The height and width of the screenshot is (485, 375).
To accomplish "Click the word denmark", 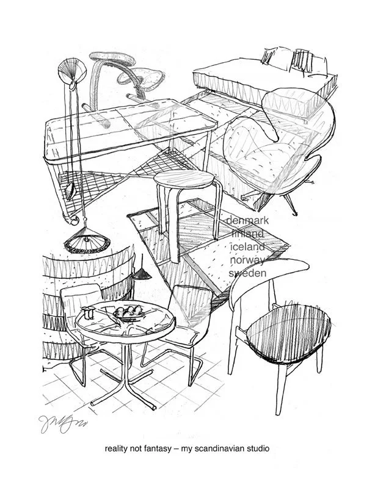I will (x=248, y=220).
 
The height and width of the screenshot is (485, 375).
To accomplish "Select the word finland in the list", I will (x=247, y=234).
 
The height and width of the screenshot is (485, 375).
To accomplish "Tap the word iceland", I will (x=247, y=247).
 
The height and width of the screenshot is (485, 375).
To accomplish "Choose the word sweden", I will (x=247, y=274).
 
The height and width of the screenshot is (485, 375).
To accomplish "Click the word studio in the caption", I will (x=257, y=449).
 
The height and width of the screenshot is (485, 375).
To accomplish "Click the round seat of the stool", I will (x=183, y=179).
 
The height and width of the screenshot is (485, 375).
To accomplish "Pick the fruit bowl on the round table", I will (x=129, y=315).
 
